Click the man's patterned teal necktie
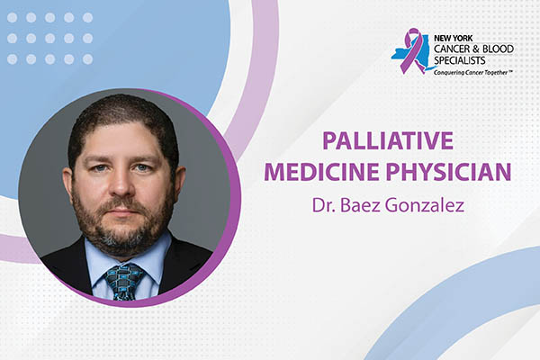click(122, 279)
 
